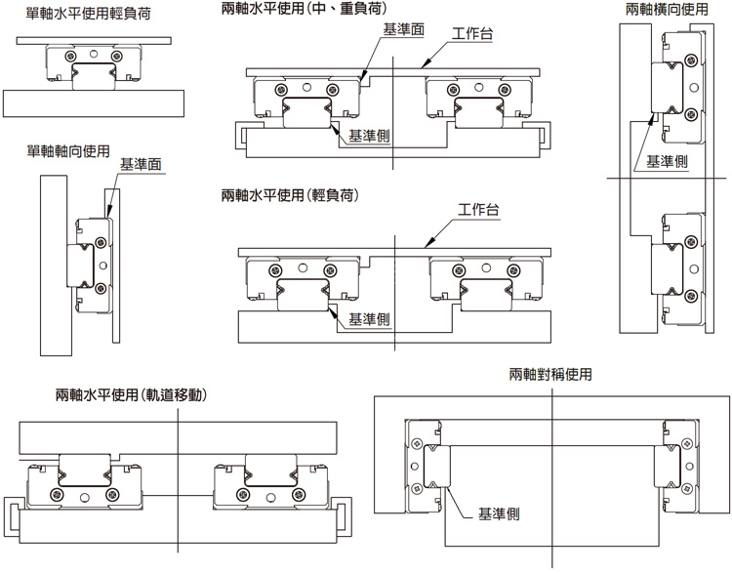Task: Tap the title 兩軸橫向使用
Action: tap(666, 10)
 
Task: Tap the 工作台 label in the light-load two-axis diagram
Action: tap(478, 212)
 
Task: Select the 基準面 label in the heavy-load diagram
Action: tap(404, 30)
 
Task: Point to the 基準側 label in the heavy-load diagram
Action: tap(370, 136)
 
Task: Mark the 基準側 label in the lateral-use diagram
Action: tap(668, 162)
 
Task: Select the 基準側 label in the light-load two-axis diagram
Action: tap(370, 318)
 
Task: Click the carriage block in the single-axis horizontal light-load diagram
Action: tap(95, 64)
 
